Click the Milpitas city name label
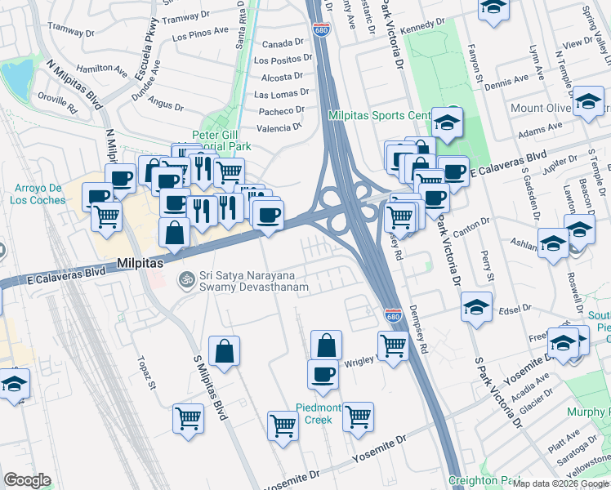click(x=140, y=264)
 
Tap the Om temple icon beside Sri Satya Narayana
click(x=186, y=279)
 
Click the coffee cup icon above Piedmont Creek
click(x=323, y=374)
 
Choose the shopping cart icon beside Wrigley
click(x=393, y=345)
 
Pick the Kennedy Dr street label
click(x=425, y=24)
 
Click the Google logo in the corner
click(x=27, y=479)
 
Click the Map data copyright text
click(x=560, y=483)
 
